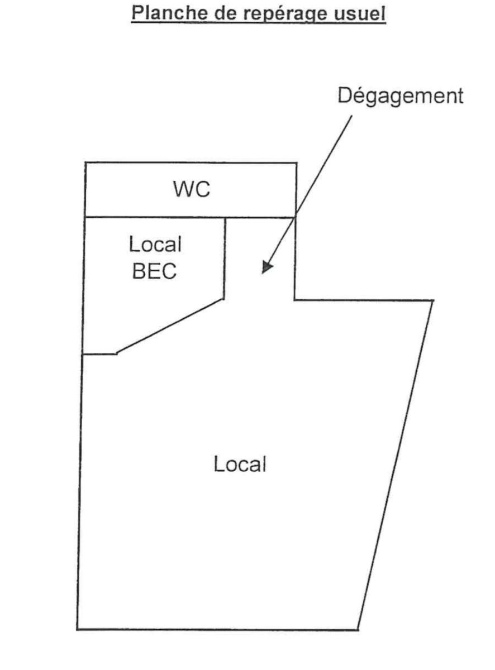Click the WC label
click(x=191, y=190)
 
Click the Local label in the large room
click(x=239, y=463)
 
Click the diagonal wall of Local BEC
click(x=170, y=326)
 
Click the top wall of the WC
click(x=191, y=163)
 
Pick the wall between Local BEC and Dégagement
click(x=225, y=258)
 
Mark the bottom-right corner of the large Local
click(x=358, y=630)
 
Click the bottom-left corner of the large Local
click(x=77, y=629)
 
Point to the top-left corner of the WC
click(x=85, y=163)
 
